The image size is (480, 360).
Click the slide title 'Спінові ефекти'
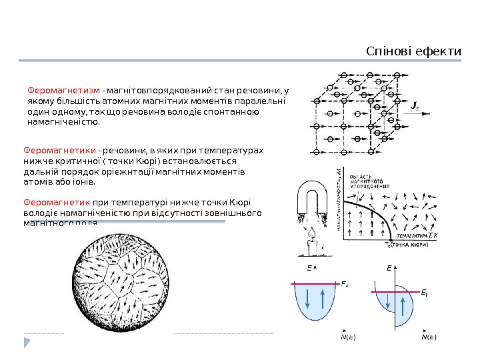pyautogui.click(x=414, y=51)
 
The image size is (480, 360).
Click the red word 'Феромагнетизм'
pyautogui.click(x=64, y=90)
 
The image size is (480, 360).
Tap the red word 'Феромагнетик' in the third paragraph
pyautogui.click(x=57, y=202)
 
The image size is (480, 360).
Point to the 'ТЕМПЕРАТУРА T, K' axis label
pyautogui.click(x=413, y=235)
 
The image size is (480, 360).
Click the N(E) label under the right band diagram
pyautogui.click(x=428, y=337)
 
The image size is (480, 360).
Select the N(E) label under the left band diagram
pyautogui.click(x=347, y=337)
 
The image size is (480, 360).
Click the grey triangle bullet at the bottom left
pyautogui.click(x=27, y=343)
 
